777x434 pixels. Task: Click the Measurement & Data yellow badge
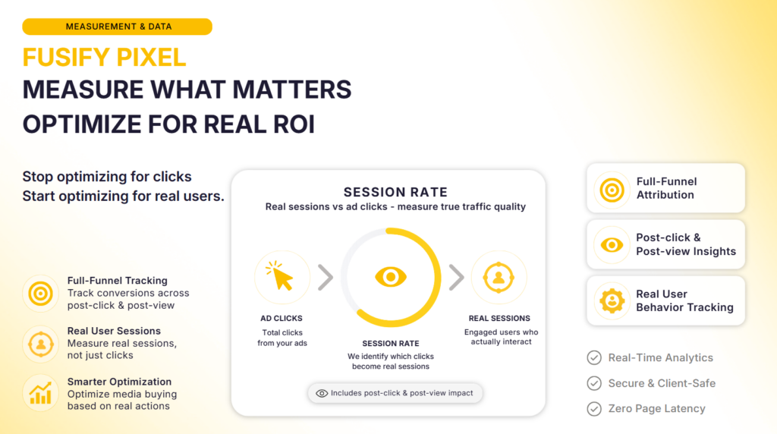117,27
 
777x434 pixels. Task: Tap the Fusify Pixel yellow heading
104,58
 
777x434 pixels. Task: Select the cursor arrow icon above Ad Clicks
281,276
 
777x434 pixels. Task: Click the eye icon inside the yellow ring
391,277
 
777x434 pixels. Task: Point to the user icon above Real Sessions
499,278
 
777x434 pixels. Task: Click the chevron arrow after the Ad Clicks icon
326,277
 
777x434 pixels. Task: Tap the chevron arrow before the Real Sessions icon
456,277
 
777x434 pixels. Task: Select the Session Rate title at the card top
395,192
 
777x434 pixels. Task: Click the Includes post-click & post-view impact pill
395,393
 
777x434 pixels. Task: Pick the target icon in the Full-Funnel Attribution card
612,190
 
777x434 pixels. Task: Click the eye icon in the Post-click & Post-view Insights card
612,245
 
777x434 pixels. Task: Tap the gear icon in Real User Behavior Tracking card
612,300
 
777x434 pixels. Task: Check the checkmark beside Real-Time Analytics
594,357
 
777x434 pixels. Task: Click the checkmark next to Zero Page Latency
594,409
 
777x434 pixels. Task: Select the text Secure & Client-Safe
662,383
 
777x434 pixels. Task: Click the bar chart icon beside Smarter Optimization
41,393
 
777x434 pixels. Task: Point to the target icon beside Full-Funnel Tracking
41,294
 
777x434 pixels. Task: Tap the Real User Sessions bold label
114,331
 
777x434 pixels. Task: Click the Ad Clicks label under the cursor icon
281,319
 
